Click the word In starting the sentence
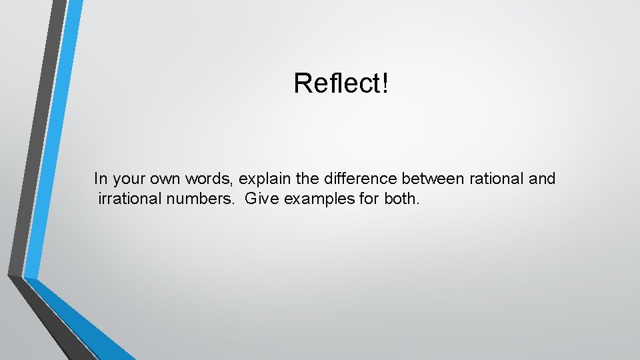click(x=101, y=179)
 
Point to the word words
click(x=212, y=179)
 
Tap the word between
click(x=427, y=179)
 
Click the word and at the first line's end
click(x=541, y=179)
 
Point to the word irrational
click(x=130, y=199)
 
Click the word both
click(x=402, y=199)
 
